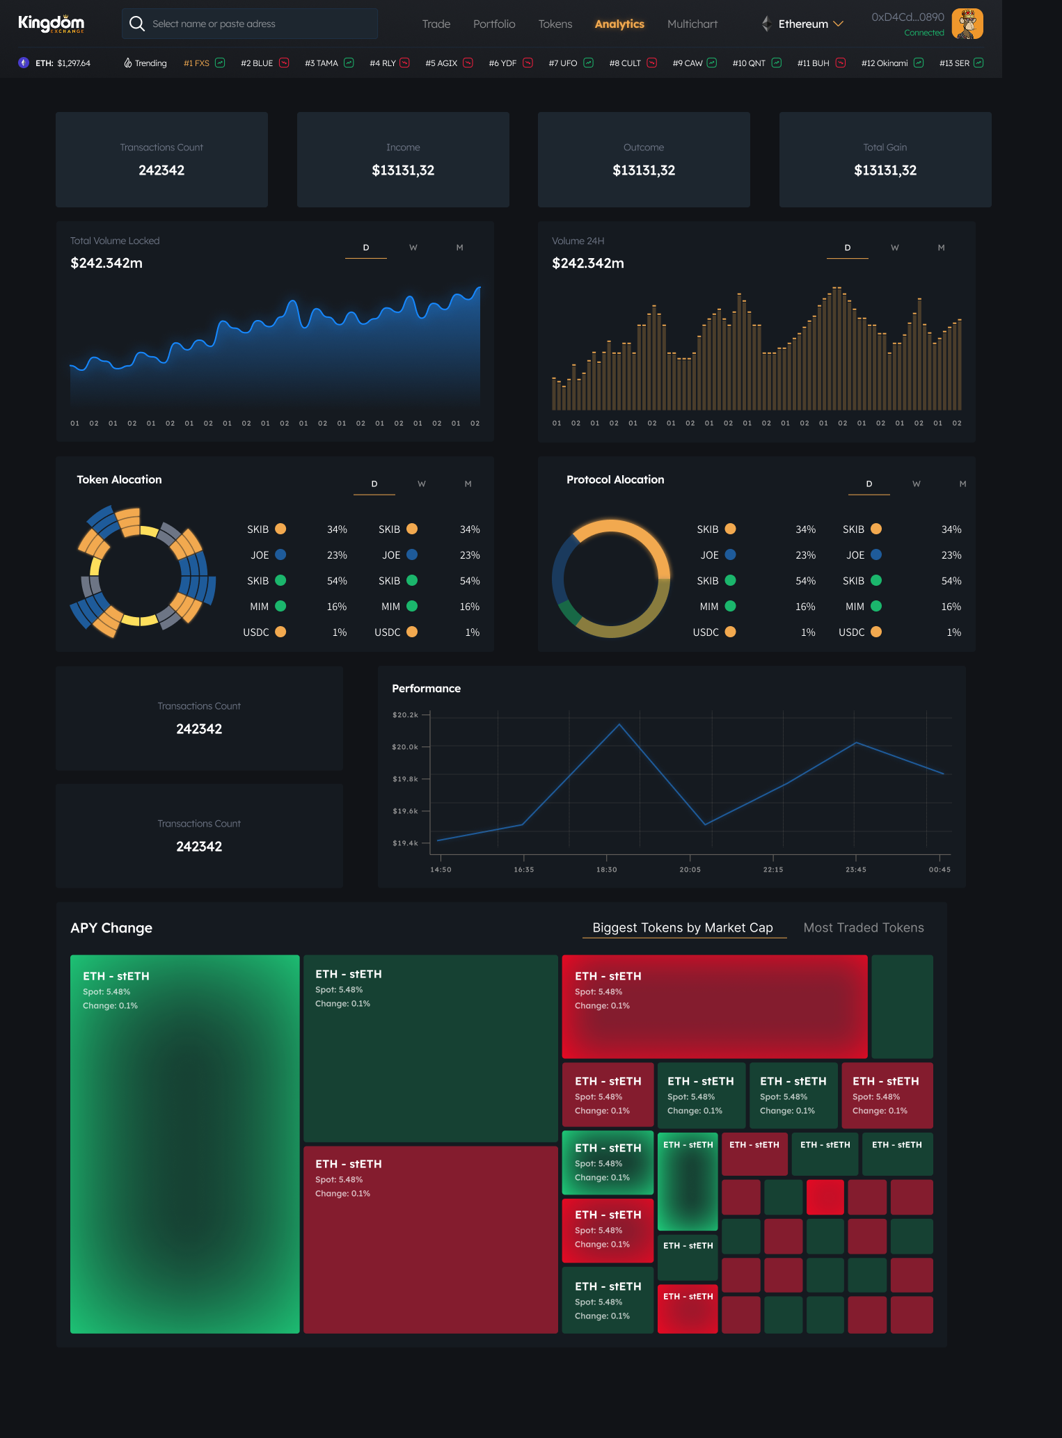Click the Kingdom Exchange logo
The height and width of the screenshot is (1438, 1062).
51,24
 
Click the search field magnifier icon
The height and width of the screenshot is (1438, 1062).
137,24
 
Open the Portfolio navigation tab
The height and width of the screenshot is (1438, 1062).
494,24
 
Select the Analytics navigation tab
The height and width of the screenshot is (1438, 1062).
619,24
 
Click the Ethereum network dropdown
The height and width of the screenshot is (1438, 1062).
804,24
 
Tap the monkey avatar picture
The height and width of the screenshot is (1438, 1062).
967,24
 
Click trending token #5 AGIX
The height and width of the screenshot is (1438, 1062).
441,63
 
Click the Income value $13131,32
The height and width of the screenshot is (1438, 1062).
403,170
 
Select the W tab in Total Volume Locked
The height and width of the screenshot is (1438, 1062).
413,248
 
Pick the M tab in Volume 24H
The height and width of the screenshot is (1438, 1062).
941,248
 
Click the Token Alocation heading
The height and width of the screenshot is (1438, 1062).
119,479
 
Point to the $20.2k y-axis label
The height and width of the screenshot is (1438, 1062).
405,714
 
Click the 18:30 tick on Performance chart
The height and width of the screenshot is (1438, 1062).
606,869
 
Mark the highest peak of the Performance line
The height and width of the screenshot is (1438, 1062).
619,725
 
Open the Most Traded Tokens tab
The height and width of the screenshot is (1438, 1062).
863,927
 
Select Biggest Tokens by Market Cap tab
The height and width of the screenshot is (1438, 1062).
682,927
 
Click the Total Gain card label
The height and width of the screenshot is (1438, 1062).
885,147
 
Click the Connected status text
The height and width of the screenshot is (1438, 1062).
924,33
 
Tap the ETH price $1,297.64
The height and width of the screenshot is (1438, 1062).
74,63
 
